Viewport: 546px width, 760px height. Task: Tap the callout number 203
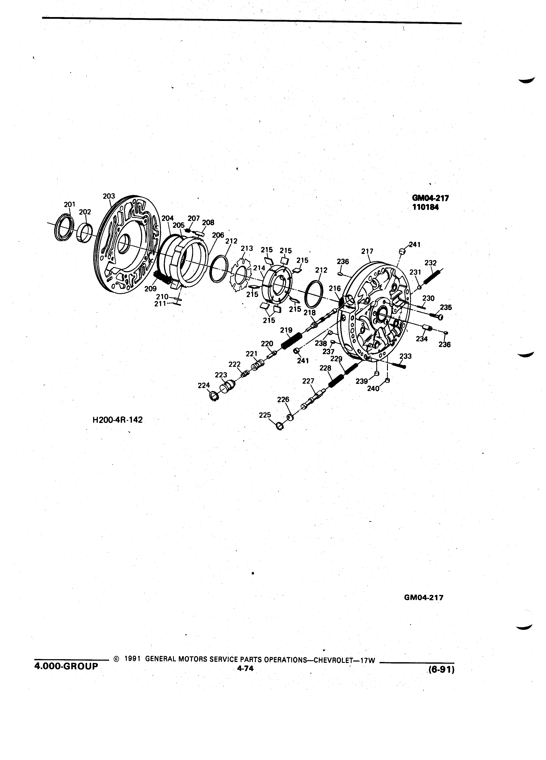click(109, 196)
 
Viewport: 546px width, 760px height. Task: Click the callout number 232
click(431, 263)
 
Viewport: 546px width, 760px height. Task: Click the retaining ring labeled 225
click(279, 426)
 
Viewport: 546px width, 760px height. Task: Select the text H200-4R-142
click(117, 420)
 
